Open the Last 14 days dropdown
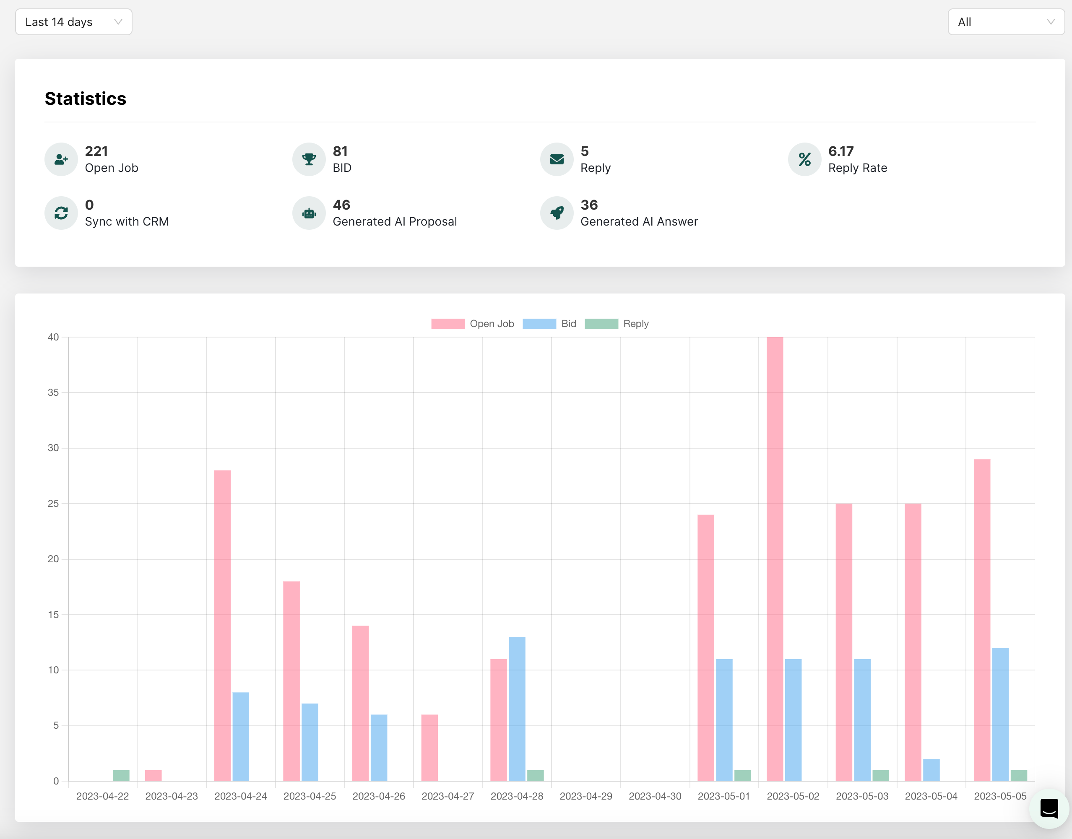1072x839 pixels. [x=74, y=22]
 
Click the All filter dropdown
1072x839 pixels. [x=1006, y=22]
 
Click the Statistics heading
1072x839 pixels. [x=86, y=99]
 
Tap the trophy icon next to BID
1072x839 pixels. [x=309, y=159]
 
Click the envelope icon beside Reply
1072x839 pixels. [x=557, y=159]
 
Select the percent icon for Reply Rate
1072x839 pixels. [x=804, y=159]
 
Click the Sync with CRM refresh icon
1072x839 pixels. [x=61, y=213]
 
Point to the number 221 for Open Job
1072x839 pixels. [x=96, y=151]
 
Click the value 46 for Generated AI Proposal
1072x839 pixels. [x=341, y=205]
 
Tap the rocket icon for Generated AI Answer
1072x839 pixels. [x=557, y=213]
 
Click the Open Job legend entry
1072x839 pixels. [x=473, y=324]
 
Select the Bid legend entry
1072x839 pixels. [x=549, y=324]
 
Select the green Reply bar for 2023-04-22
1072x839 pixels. [x=121, y=775]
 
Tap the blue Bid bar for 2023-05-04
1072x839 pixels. [x=931, y=770]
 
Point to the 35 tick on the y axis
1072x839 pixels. [x=53, y=392]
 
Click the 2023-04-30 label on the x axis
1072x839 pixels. [x=655, y=796]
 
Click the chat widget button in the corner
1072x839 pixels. [x=1049, y=808]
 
